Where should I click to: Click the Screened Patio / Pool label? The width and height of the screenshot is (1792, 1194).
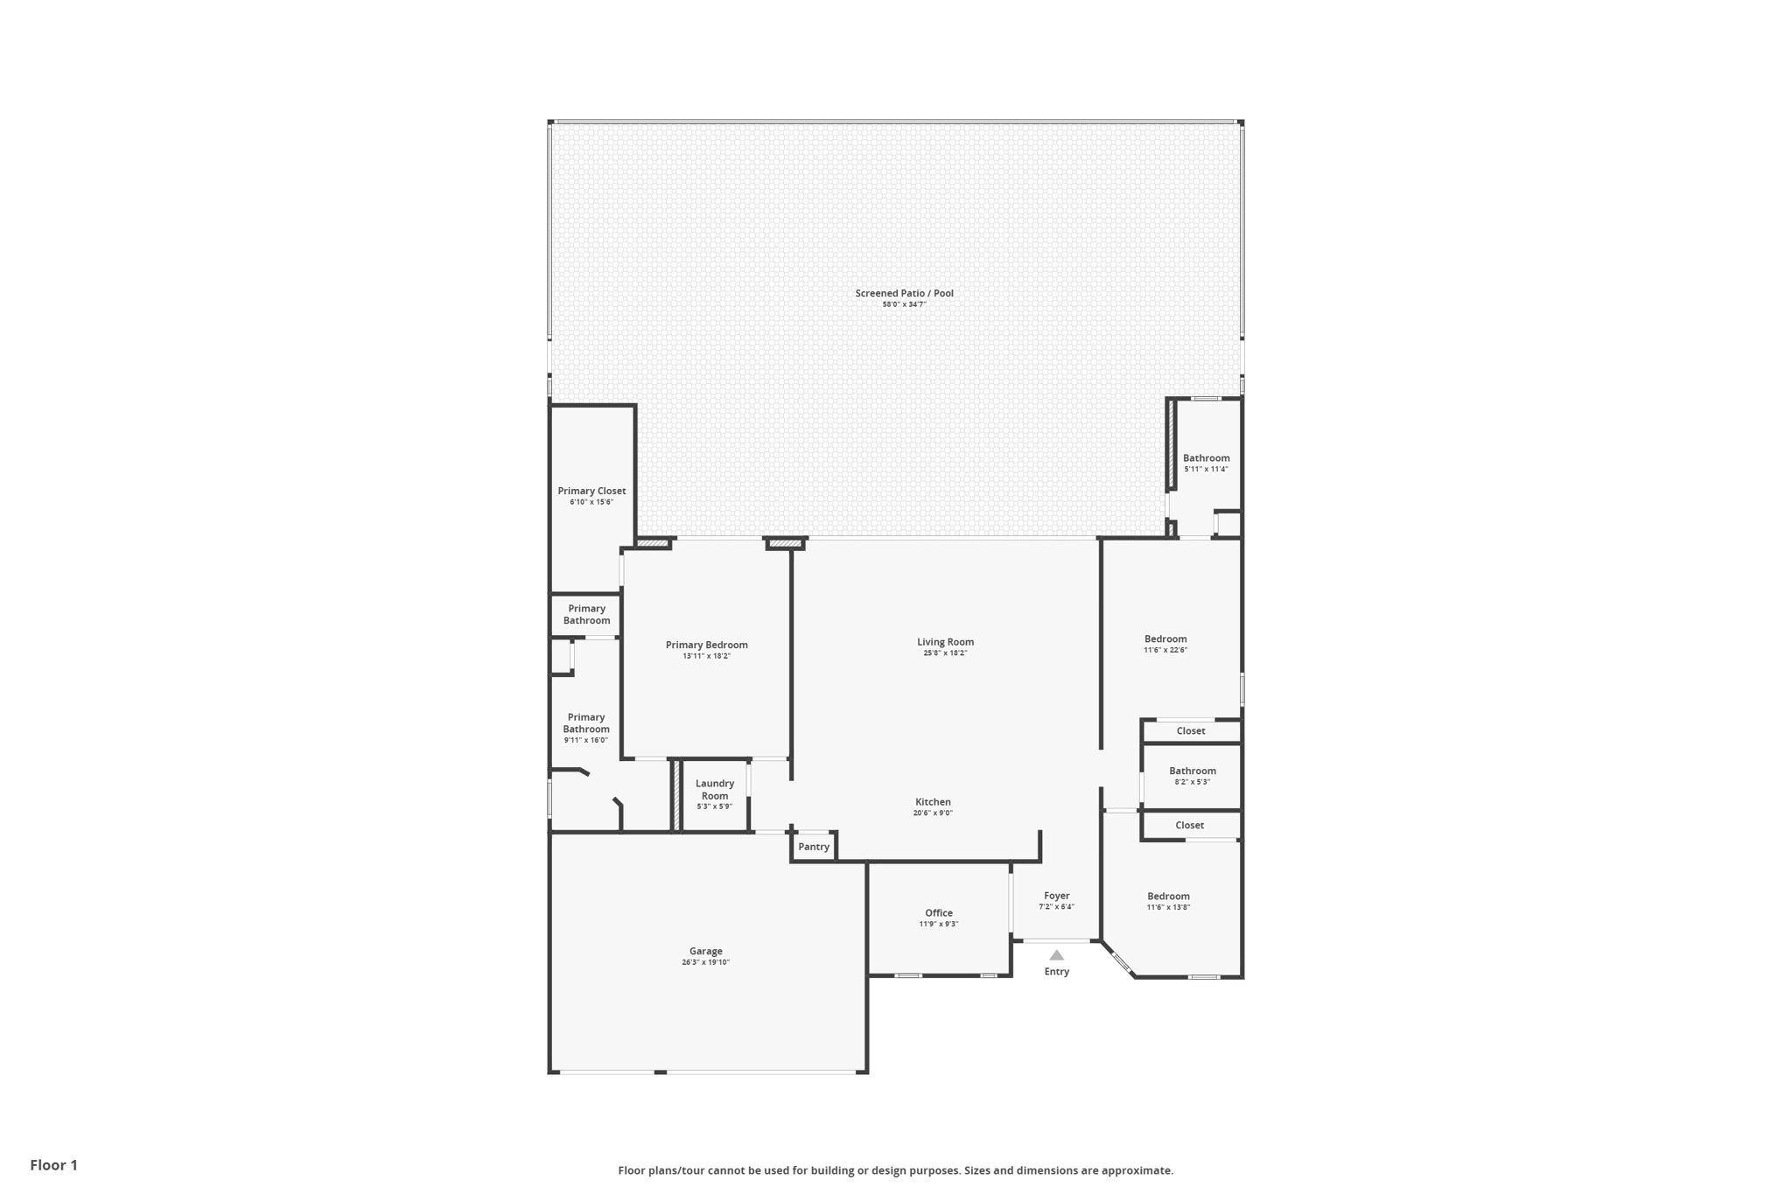pos(904,293)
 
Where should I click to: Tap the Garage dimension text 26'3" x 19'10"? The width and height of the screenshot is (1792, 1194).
pos(705,962)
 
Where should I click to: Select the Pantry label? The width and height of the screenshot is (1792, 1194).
pos(813,847)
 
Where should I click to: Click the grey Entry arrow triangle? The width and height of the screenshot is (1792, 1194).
pos(1056,955)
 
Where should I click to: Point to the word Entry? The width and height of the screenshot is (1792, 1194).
pos(1056,972)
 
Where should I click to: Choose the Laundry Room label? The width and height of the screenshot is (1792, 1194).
pos(714,789)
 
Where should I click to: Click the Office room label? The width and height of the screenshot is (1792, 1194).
pos(938,913)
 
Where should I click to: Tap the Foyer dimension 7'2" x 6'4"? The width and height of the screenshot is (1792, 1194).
pos(1056,907)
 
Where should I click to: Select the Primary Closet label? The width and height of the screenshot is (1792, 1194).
pos(591,491)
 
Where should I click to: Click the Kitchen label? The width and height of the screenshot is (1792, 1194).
pos(933,802)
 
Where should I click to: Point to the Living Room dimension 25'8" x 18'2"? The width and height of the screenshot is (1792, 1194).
pos(945,653)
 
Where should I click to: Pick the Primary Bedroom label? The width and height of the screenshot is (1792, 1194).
pos(706,645)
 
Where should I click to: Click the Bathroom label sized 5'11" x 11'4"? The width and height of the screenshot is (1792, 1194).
pos(1206,458)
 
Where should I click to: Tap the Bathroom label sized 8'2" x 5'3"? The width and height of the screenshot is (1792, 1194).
pos(1192,772)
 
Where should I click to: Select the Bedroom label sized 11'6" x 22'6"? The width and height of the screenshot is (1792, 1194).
pos(1165,639)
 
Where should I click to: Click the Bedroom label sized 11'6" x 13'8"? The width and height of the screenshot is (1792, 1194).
pos(1168,897)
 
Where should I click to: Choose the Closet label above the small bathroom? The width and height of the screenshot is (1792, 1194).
pos(1190,731)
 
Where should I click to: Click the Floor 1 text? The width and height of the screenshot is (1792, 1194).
pos(53,1165)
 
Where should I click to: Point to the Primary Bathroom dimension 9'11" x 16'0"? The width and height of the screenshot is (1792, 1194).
pos(585,740)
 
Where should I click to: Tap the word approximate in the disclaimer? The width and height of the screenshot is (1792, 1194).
pos(1136,1170)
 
